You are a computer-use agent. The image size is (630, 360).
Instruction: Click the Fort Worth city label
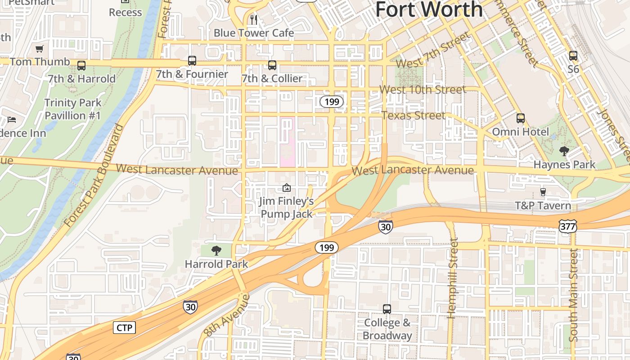[429, 9]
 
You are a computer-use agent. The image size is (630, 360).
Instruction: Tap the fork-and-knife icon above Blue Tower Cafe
[254, 19]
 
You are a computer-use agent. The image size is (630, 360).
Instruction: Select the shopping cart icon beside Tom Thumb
[40, 49]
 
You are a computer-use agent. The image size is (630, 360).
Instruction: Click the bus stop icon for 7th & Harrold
[81, 66]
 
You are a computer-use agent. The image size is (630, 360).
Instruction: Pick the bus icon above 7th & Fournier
[192, 61]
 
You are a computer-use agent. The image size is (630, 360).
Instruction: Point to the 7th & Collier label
[272, 79]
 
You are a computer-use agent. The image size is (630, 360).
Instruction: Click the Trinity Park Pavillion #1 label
[72, 109]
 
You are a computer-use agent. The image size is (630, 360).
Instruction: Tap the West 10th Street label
[423, 90]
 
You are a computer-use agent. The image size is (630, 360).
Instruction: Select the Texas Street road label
[413, 115]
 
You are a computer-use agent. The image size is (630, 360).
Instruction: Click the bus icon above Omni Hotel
[521, 118]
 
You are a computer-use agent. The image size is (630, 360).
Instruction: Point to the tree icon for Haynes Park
[564, 151]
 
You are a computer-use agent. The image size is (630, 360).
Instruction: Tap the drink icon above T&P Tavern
[543, 192]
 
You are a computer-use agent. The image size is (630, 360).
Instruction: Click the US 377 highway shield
[568, 227]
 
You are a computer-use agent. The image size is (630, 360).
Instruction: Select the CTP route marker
[124, 328]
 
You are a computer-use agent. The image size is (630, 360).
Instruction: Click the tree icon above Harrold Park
[216, 250]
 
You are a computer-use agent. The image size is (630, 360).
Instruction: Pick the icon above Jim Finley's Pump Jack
[287, 188]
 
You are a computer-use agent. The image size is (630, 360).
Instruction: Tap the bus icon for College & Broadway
[387, 309]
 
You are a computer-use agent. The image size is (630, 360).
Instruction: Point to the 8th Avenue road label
[226, 315]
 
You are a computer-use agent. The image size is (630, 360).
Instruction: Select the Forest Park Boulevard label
[94, 175]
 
